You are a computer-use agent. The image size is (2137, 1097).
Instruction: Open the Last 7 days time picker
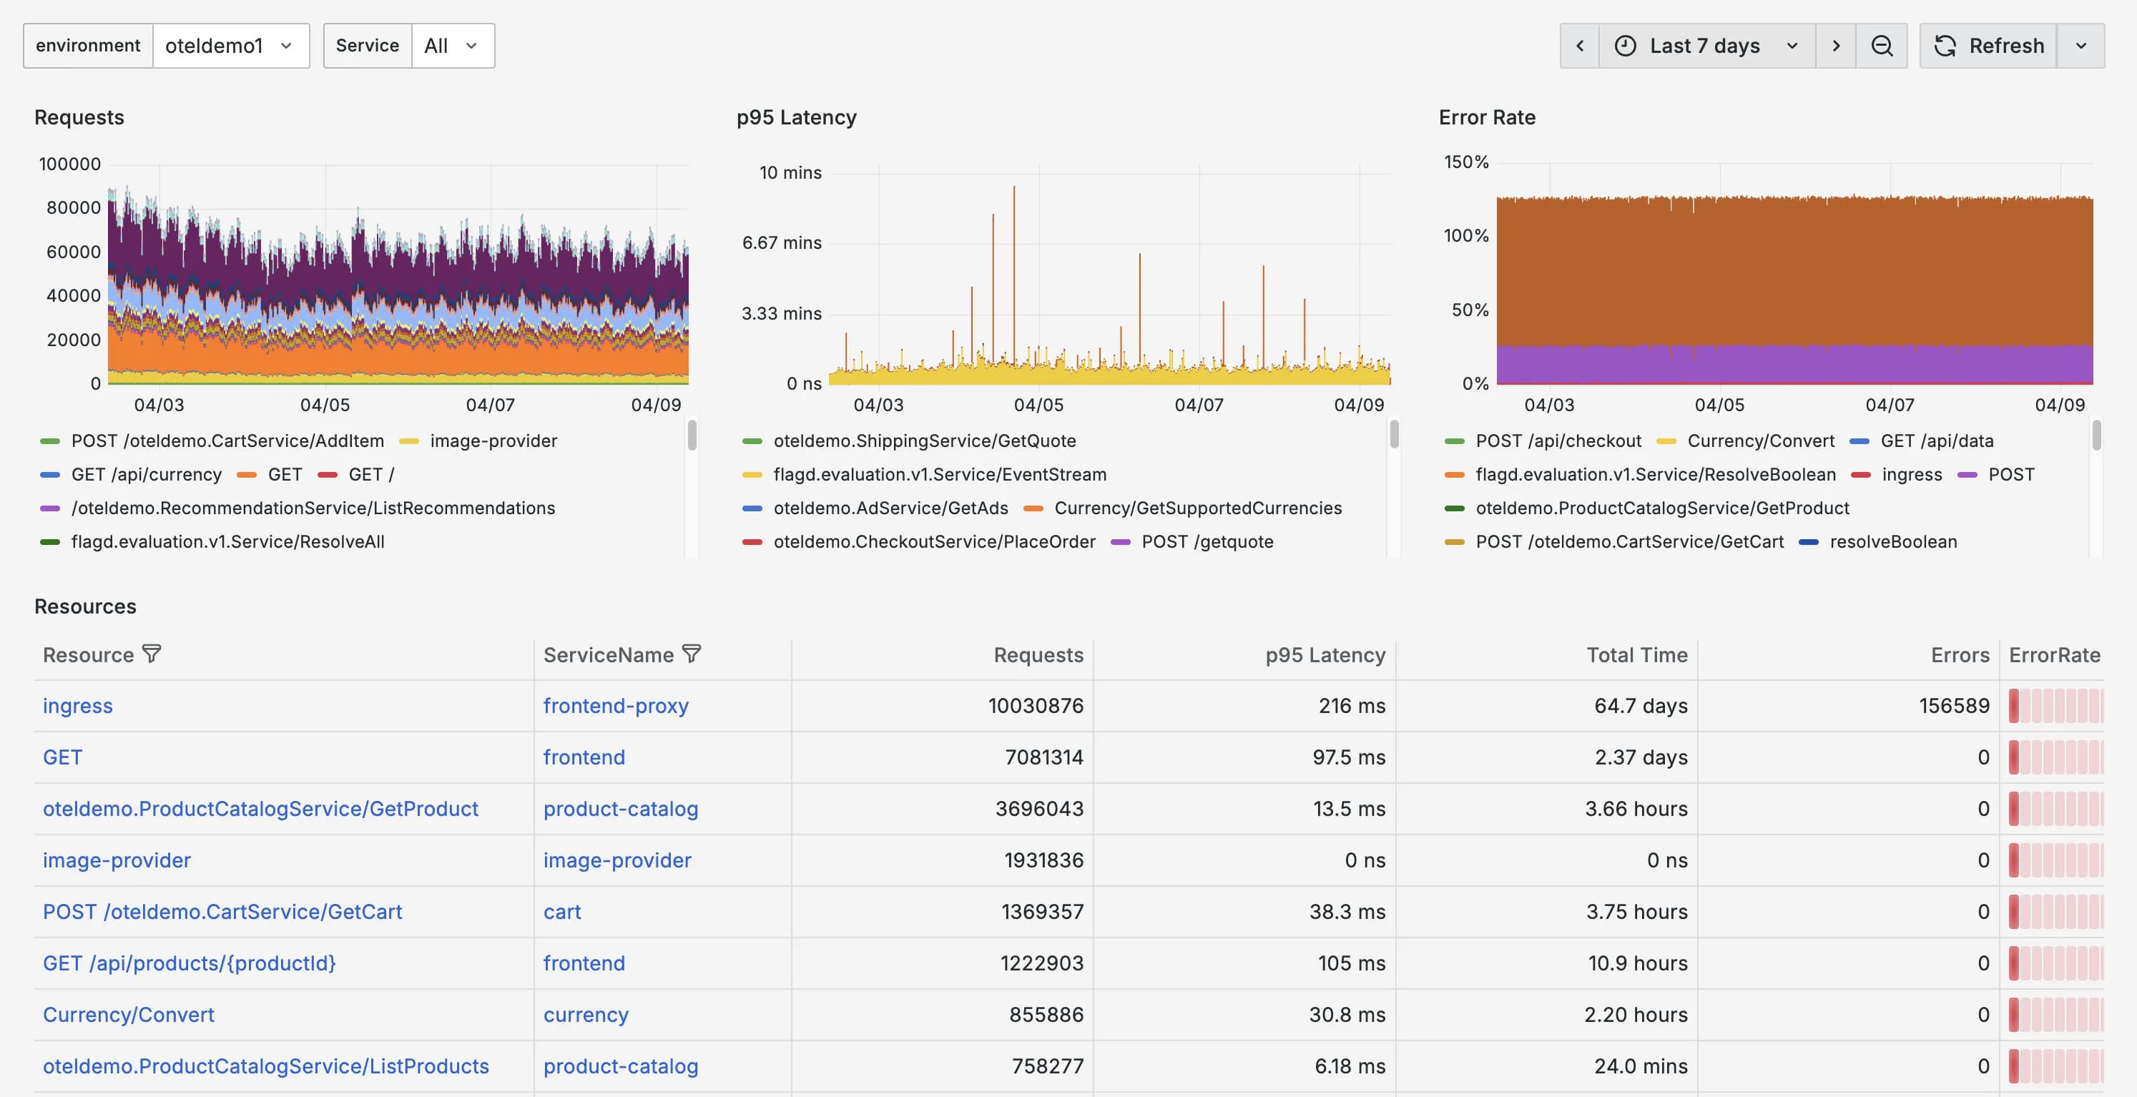(1706, 46)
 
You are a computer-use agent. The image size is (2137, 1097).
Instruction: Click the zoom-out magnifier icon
(1882, 46)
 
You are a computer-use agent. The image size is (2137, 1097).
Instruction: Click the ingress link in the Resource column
(77, 705)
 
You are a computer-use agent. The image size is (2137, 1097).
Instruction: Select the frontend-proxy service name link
(616, 705)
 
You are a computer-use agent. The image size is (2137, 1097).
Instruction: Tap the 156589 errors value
(1954, 705)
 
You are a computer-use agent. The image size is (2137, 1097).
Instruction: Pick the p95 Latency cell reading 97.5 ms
(1348, 757)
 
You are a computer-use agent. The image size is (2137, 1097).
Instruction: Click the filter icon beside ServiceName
(692, 654)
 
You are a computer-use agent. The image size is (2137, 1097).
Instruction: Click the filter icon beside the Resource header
(152, 654)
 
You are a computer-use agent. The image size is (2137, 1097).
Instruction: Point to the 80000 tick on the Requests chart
(73, 207)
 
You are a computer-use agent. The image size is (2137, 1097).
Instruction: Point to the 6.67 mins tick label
(782, 242)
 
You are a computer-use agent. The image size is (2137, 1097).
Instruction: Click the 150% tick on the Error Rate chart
(1466, 162)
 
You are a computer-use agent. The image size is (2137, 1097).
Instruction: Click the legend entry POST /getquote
(1207, 542)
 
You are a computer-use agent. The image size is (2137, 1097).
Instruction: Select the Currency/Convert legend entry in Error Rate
(1760, 441)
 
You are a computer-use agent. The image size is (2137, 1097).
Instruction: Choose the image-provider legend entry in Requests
(493, 441)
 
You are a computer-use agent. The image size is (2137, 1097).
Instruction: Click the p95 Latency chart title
(795, 117)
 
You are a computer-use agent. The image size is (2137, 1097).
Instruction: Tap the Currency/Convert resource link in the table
(129, 1014)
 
